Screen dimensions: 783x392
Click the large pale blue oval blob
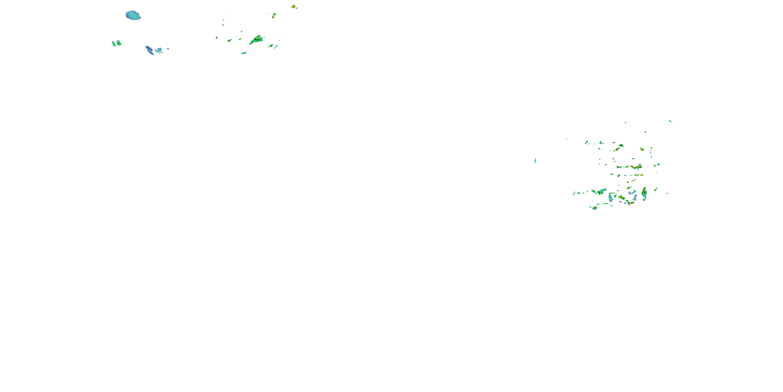(x=133, y=15)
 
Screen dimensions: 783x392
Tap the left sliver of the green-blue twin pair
(x=114, y=44)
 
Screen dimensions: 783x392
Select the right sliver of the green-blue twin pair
(x=119, y=43)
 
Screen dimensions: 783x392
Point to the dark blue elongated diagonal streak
(x=150, y=50)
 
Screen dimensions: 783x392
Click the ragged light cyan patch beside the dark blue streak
(x=159, y=50)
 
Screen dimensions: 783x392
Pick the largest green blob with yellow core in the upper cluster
(x=256, y=39)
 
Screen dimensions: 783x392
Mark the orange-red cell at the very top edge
(x=293, y=6)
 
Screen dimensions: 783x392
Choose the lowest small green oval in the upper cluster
(x=244, y=53)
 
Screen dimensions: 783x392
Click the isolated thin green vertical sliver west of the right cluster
(x=535, y=161)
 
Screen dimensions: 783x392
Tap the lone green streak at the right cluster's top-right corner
(x=671, y=121)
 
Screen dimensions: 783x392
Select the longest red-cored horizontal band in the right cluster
(x=636, y=167)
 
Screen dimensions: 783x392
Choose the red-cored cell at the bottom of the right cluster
(x=630, y=202)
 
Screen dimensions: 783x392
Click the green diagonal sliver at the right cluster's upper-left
(x=586, y=142)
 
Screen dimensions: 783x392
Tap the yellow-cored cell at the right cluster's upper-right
(x=641, y=149)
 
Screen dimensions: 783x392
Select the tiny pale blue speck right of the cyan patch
(x=168, y=49)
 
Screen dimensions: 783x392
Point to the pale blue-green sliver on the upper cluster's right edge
(x=276, y=47)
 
